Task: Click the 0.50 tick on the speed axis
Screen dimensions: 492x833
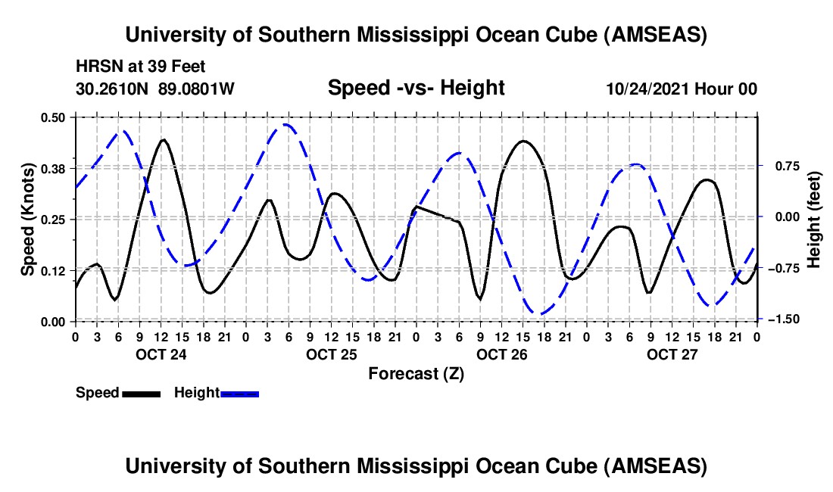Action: pos(55,117)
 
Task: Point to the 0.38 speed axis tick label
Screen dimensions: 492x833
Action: pos(55,168)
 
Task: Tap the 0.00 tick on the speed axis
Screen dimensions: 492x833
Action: pos(55,322)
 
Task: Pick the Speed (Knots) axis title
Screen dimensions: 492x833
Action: pos(27,219)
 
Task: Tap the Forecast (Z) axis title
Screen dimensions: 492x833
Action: pos(416,373)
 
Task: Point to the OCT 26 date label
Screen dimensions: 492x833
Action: pos(501,354)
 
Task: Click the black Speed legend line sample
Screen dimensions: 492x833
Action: pos(142,393)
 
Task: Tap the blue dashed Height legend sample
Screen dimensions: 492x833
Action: pos(240,393)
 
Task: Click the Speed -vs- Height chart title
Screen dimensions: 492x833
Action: pos(416,88)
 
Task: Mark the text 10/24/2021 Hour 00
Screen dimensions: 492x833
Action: pos(682,89)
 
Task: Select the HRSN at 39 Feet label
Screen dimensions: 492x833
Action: pos(140,67)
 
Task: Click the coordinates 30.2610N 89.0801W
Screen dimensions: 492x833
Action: pos(155,89)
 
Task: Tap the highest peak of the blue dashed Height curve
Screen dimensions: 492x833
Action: pos(285,124)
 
